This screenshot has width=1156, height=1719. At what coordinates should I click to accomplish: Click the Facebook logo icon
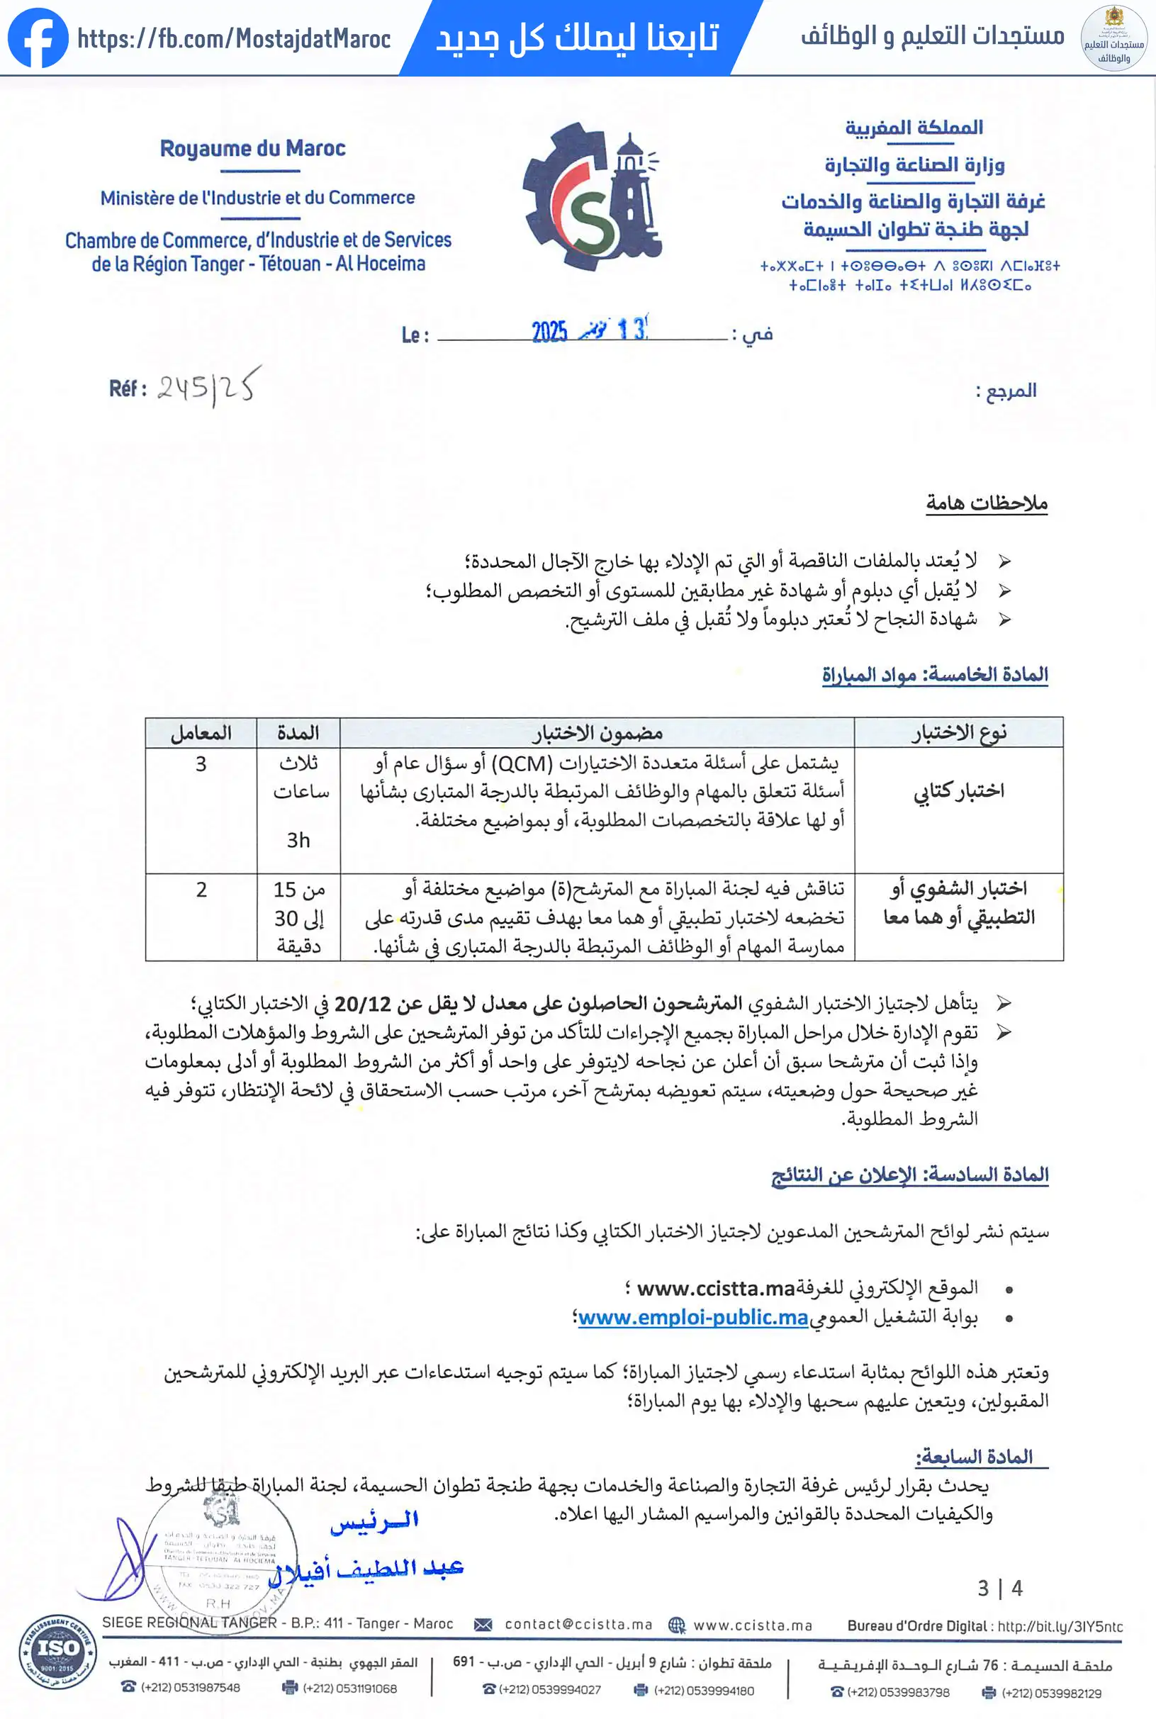pyautogui.click(x=37, y=38)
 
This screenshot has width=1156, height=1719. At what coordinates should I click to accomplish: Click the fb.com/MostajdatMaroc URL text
pyautogui.click(x=234, y=38)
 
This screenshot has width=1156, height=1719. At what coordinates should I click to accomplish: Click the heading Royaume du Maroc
pyautogui.click(x=252, y=149)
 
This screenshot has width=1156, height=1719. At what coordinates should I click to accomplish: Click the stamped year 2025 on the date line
pyautogui.click(x=549, y=332)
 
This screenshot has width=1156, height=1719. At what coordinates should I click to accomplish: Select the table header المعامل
pyautogui.click(x=201, y=733)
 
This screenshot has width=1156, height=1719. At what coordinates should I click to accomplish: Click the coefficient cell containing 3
pyautogui.click(x=201, y=763)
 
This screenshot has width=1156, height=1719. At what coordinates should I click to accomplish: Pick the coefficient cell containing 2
pyautogui.click(x=201, y=890)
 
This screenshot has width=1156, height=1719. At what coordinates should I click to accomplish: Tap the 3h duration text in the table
pyautogui.click(x=298, y=840)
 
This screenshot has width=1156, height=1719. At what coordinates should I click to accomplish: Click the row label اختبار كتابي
pyautogui.click(x=958, y=791)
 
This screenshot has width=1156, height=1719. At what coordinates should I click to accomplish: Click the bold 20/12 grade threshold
pyautogui.click(x=363, y=1004)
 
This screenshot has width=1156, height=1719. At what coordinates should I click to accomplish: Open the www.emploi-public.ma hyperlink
pyautogui.click(x=693, y=1317)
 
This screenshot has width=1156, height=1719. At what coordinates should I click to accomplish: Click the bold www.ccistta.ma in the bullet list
pyautogui.click(x=715, y=1289)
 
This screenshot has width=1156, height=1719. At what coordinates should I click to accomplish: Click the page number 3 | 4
pyautogui.click(x=999, y=1589)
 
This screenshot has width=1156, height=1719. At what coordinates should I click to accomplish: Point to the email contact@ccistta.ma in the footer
pyautogui.click(x=578, y=1625)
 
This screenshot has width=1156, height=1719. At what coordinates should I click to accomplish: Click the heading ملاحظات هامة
pyautogui.click(x=987, y=503)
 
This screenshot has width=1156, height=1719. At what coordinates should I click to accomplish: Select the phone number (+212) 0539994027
pyautogui.click(x=549, y=1690)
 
